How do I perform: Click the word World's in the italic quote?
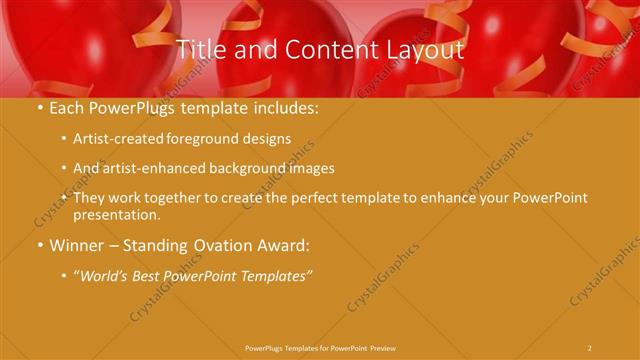tap(105, 275)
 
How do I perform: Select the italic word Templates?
tap(278, 275)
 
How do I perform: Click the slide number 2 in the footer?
tap(590, 347)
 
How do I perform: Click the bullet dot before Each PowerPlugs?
tap(39, 108)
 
